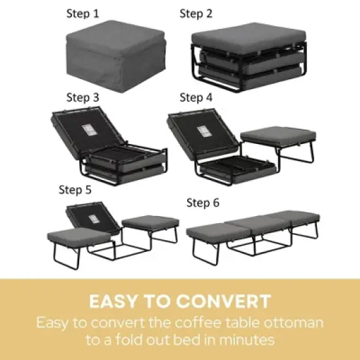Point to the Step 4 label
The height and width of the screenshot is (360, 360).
(x=196, y=98)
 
